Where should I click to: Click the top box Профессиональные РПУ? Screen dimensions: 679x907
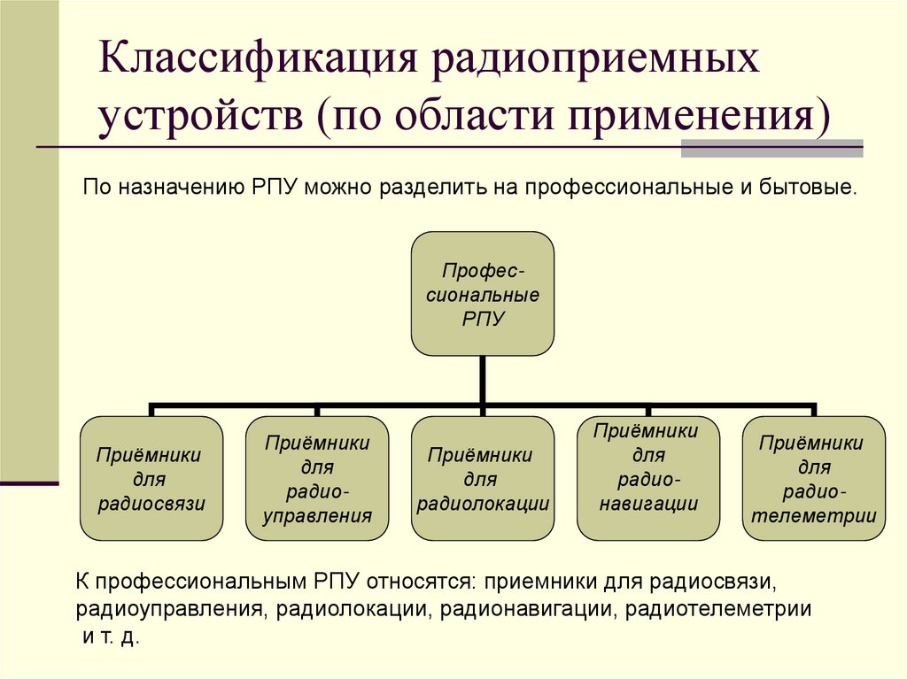point(483,294)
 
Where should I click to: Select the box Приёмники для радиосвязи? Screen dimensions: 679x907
point(151,478)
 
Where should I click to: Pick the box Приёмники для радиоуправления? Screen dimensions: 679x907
point(317,478)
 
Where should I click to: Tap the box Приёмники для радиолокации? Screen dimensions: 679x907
point(483,478)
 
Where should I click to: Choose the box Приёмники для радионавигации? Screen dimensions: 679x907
point(648,478)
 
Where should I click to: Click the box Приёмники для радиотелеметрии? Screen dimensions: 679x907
point(813,478)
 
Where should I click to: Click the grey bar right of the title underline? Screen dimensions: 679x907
point(771,148)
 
